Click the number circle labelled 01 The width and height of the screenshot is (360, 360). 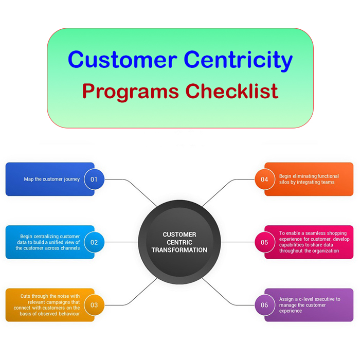click(x=94, y=179)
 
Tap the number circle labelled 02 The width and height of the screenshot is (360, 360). click(x=94, y=242)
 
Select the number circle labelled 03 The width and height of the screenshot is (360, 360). click(x=94, y=305)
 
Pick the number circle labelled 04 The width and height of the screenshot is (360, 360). click(x=264, y=179)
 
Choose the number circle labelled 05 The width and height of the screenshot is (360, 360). click(x=264, y=242)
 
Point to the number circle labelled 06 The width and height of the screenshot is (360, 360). click(x=264, y=305)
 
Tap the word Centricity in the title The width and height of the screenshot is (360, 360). click(x=239, y=60)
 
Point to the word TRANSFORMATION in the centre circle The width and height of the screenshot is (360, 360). click(x=179, y=250)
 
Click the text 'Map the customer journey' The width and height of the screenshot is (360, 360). click(x=52, y=179)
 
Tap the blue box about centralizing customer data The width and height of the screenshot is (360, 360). click(x=46, y=242)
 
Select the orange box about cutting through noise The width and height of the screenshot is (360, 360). click(x=46, y=305)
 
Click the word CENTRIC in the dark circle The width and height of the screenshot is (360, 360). click(x=179, y=242)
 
